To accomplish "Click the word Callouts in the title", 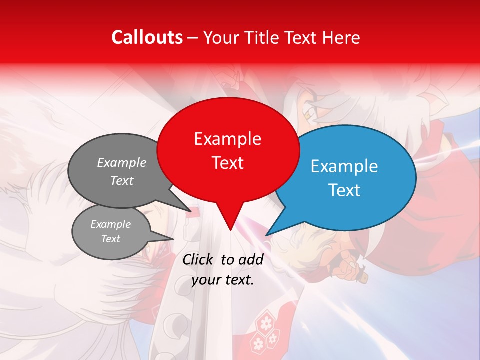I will click(147, 37).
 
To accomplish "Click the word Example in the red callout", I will click(227, 139).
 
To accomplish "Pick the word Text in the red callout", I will click(227, 163).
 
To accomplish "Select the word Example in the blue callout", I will click(344, 166).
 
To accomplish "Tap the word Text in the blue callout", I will click(344, 190).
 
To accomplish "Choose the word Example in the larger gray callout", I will click(122, 163).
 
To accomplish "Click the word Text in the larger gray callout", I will click(122, 181).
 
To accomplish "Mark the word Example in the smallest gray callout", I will click(110, 224).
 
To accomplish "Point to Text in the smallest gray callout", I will click(110, 239).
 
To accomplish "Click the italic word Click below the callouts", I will click(197, 260).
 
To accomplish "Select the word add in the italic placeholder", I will click(250, 260).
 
